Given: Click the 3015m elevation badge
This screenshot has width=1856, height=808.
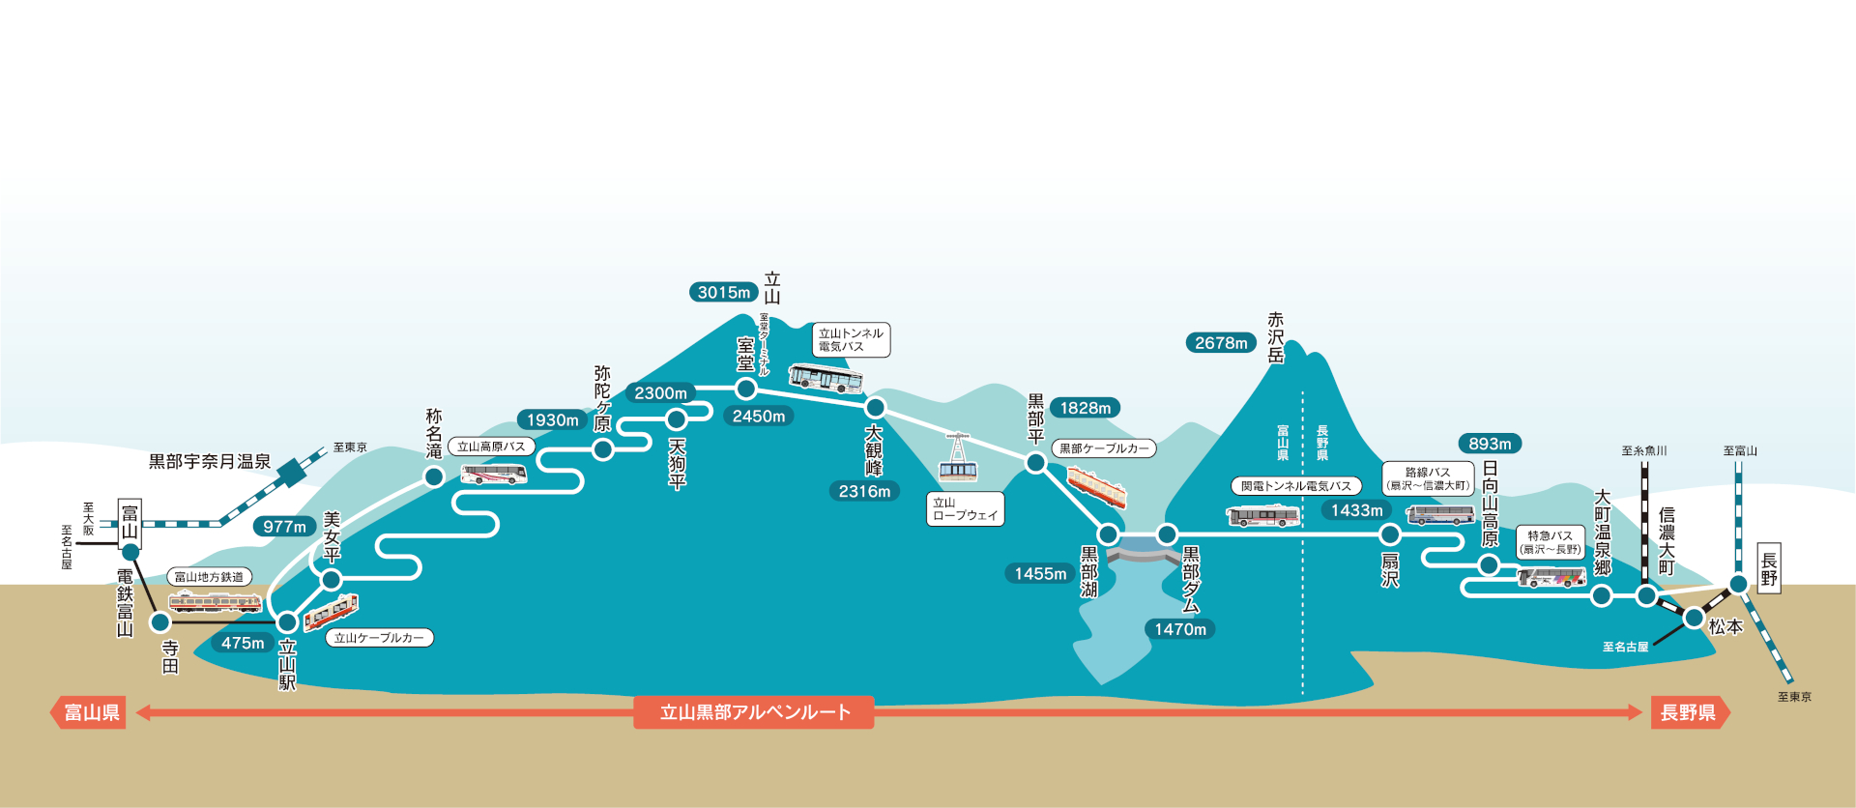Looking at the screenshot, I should pyautogui.click(x=723, y=292).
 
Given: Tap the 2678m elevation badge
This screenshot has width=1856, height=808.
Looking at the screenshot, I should pyautogui.click(x=1220, y=342).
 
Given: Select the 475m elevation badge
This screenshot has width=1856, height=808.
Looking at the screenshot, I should pyautogui.click(x=242, y=643).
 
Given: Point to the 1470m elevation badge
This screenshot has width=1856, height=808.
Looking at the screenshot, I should pyautogui.click(x=1179, y=629).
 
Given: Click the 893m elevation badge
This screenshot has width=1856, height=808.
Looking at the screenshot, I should pyautogui.click(x=1489, y=444).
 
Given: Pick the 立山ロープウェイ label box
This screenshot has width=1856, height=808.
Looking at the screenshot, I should pyautogui.click(x=965, y=509).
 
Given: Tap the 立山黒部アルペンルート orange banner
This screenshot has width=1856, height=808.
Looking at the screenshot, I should pyautogui.click(x=754, y=712).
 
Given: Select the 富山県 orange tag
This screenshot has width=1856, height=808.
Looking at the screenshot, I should pyautogui.click(x=90, y=713).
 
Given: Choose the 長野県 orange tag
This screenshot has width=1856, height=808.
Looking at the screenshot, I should pyautogui.click(x=1689, y=713).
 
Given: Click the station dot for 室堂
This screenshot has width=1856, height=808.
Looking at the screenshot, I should pyautogui.click(x=745, y=389).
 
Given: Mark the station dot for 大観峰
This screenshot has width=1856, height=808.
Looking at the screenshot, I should pyautogui.click(x=875, y=407).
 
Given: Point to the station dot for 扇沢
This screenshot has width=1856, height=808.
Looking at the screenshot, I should pyautogui.click(x=1389, y=534).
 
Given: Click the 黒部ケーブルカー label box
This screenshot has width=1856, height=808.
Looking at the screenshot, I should pyautogui.click(x=1104, y=448).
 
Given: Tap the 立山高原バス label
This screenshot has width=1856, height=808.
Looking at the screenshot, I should pyautogui.click(x=491, y=447).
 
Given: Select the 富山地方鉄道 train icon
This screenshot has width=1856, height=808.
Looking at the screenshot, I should pyautogui.click(x=215, y=603).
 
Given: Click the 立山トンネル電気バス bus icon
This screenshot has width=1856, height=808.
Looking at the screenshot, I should pyautogui.click(x=825, y=378).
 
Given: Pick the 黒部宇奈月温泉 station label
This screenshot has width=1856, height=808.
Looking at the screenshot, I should pyautogui.click(x=209, y=462).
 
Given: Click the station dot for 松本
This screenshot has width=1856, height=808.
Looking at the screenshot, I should pyautogui.click(x=1693, y=617).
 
